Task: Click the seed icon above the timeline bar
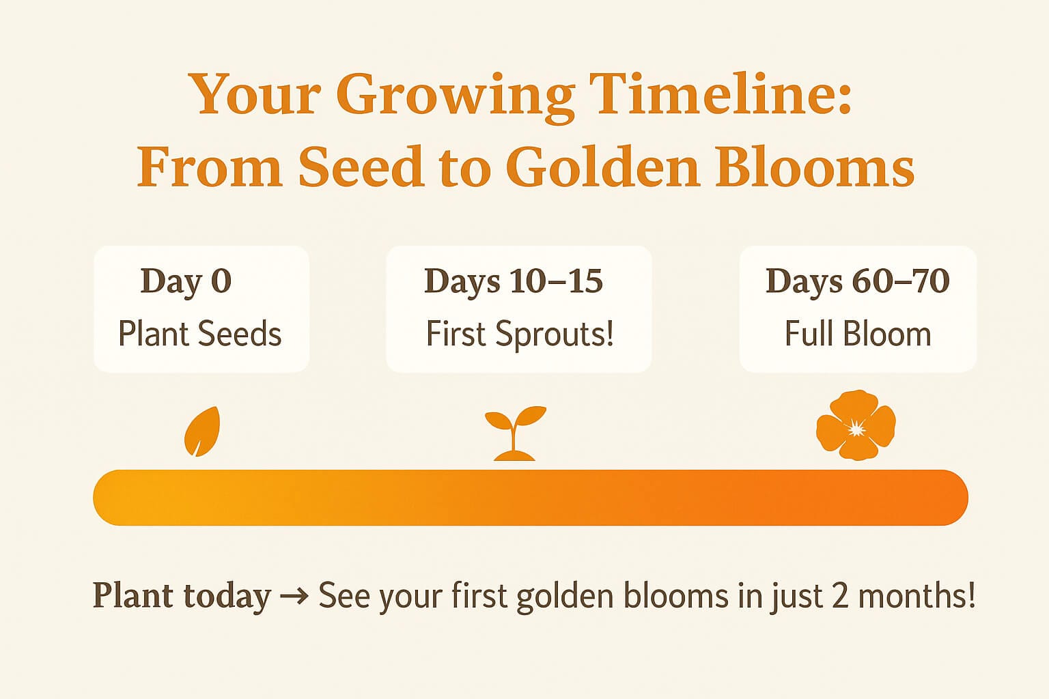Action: (202, 431)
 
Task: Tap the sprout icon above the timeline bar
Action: (515, 433)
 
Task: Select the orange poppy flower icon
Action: (856, 425)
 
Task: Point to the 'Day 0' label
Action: (186, 282)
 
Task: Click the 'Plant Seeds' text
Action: (200, 334)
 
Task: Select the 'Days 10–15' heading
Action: (514, 281)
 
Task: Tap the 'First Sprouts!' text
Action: (519, 334)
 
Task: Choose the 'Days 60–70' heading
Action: (858, 281)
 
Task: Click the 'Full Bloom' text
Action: (858, 334)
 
